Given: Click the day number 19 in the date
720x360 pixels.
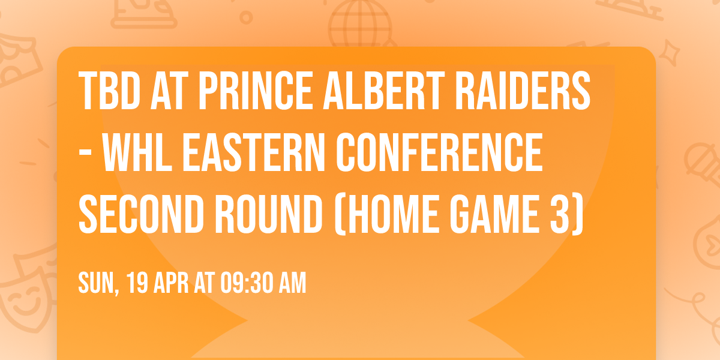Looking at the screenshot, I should point(137,283).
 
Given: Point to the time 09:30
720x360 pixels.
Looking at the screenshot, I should point(246,283).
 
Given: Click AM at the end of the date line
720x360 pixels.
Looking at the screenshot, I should point(292,283).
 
